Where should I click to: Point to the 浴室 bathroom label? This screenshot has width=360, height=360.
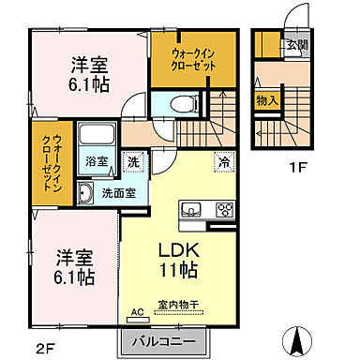95,161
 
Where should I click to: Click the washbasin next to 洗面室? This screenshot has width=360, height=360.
85,194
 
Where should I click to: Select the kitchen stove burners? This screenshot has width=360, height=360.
225,209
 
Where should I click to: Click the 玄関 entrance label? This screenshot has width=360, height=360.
296,43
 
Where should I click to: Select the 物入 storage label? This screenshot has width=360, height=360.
266,99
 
